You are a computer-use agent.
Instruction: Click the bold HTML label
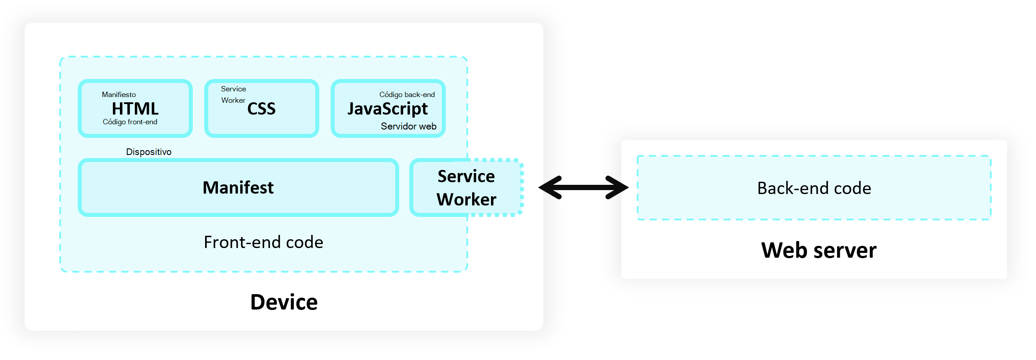[135, 108]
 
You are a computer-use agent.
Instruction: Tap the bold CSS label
[261, 109]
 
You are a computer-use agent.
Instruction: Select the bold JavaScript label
[387, 109]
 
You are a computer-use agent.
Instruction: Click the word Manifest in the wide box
[238, 187]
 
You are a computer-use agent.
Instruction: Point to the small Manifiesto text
[119, 94]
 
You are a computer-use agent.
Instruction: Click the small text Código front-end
[130, 122]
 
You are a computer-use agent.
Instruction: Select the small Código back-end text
[407, 94]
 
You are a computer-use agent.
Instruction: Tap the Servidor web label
[408, 126]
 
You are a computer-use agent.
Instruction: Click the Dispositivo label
[148, 152]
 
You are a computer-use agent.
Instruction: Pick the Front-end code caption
[264, 242]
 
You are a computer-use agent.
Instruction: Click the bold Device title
[284, 302]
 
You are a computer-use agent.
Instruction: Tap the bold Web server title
[819, 250]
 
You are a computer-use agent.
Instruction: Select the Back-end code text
[814, 188]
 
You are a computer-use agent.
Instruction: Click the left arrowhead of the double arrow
[549, 187]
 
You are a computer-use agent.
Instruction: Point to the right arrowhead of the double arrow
[618, 187]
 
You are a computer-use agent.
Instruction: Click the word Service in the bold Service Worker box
[466, 176]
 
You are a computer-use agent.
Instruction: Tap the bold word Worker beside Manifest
[466, 199]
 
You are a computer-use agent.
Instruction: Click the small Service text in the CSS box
[233, 89]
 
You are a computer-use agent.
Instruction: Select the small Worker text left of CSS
[233, 100]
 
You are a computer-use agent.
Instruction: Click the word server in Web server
[845, 250]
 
